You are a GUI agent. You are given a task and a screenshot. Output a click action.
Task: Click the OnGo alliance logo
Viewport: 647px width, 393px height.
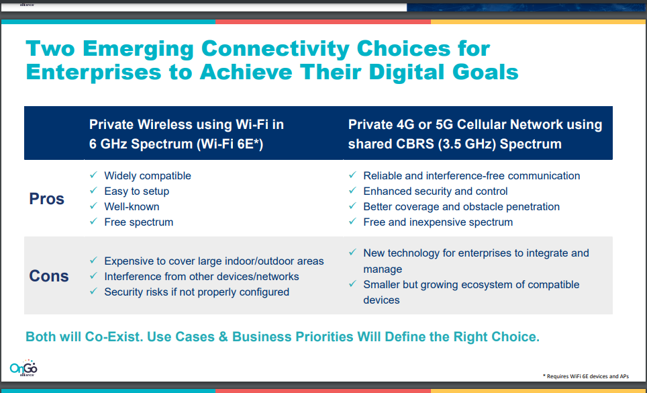23,367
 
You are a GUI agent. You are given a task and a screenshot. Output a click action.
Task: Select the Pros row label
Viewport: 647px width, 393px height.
46,199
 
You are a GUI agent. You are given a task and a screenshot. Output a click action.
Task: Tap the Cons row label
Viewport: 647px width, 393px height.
49,276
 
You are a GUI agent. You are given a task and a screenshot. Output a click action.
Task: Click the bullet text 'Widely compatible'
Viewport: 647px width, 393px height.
148,176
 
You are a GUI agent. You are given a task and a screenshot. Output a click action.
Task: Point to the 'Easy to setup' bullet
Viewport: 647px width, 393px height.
136,191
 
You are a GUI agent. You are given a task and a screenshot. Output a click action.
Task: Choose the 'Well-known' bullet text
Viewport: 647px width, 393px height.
132,206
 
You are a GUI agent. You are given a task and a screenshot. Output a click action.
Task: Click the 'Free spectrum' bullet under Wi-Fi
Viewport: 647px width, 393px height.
139,222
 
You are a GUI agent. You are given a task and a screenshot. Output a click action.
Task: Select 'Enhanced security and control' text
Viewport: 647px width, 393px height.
436,191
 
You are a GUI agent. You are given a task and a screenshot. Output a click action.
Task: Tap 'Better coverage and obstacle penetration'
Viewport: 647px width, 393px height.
461,206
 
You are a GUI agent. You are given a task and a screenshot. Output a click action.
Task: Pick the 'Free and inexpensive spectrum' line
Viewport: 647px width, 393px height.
438,222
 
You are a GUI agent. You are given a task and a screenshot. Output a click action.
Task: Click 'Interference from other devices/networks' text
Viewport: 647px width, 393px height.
202,277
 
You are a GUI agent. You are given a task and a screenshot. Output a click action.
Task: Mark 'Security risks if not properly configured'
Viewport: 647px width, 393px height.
197,292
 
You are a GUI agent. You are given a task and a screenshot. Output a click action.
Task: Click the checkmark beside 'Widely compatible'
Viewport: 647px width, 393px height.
94,175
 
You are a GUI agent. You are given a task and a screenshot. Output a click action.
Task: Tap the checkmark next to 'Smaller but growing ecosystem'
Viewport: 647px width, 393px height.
352,284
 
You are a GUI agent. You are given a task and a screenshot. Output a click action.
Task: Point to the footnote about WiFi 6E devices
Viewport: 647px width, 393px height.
585,376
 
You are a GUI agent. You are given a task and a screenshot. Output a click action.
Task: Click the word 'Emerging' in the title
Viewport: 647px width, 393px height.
138,49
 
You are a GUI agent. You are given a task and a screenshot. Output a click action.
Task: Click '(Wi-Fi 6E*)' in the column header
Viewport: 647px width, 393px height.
230,144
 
